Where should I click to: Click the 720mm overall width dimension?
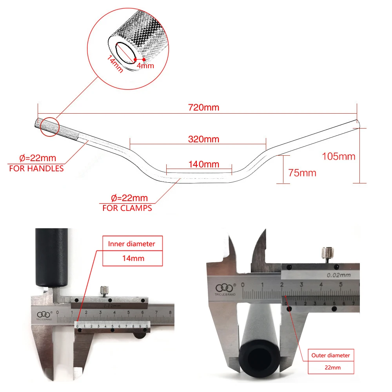point(203,107)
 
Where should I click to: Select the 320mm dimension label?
point(203,139)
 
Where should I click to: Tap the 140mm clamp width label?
point(203,164)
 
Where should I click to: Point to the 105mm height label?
point(339,156)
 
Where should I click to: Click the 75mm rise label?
point(302,172)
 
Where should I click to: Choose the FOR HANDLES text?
point(36,169)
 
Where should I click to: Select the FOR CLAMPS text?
point(127,208)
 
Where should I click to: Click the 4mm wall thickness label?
point(146,65)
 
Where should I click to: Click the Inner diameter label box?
point(132,244)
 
